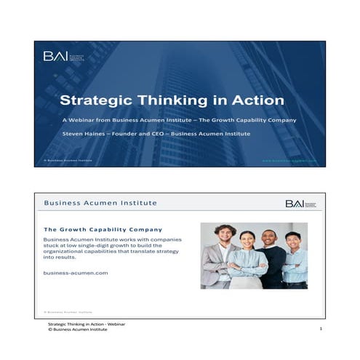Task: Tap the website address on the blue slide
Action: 290,159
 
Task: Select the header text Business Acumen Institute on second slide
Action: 100,203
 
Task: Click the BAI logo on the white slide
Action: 300,204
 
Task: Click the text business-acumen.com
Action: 76,272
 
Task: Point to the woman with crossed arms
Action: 247,262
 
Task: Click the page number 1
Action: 320,329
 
